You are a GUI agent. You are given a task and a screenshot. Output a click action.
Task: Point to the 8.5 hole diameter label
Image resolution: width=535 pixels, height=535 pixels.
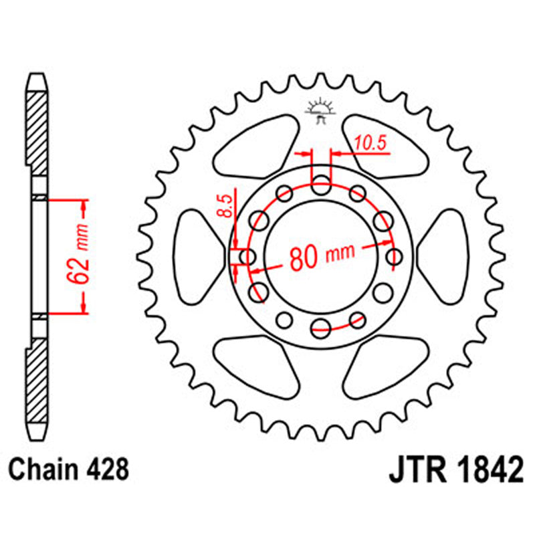tap(227, 205)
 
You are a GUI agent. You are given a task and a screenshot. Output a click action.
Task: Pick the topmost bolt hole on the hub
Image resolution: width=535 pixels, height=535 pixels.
tap(322, 185)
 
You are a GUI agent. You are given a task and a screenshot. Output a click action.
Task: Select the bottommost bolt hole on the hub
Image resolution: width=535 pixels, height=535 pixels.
tap(322, 326)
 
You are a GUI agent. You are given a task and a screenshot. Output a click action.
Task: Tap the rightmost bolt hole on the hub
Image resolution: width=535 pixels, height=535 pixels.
tap(395, 256)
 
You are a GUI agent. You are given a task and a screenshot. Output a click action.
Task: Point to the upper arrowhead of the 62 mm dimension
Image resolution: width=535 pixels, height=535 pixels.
tap(84, 207)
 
